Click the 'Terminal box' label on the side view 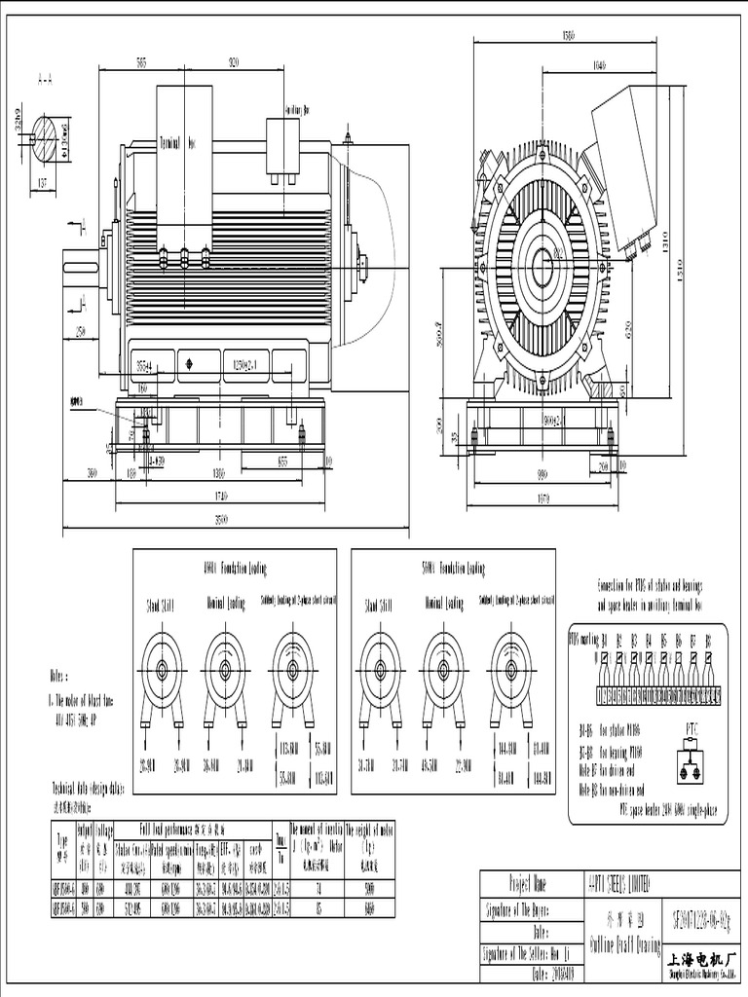177,142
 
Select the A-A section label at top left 45,78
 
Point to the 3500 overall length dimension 222,519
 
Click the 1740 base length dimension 222,495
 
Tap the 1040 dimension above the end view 571,64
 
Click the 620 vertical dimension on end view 629,329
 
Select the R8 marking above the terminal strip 707,641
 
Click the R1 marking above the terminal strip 604,641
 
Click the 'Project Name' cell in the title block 528,884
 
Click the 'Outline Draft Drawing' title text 624,944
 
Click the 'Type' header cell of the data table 61,840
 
